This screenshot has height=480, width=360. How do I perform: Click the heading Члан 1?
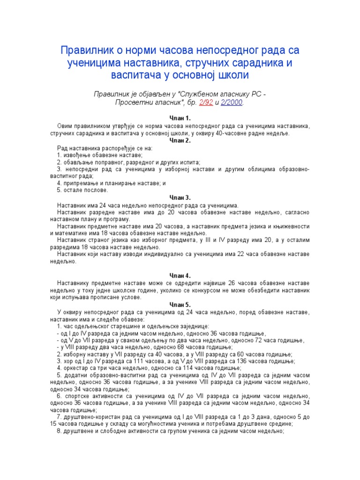180,118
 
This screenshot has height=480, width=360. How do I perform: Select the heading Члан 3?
180,197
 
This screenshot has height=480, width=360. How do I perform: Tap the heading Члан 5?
180,304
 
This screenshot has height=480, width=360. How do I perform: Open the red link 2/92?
218,102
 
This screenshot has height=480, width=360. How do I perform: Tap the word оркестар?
75,368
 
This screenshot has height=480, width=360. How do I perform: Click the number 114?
184,368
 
